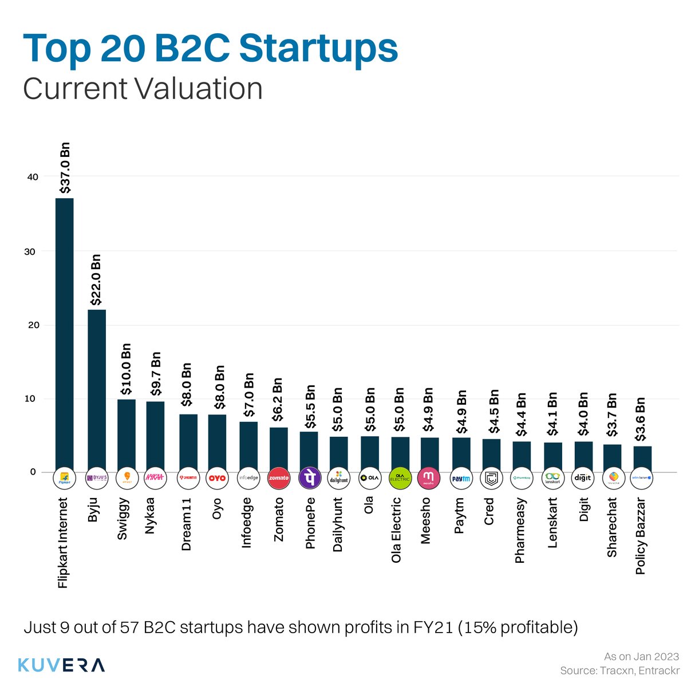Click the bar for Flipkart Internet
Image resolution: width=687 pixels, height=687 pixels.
coord(64,335)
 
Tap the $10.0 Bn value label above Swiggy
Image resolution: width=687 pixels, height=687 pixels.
coord(127,369)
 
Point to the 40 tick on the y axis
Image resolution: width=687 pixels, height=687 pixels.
coord(32,177)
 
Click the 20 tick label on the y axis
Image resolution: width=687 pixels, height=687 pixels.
coord(32,325)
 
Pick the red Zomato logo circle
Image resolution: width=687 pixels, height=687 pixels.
coord(278,478)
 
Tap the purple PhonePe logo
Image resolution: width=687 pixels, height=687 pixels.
coord(309,478)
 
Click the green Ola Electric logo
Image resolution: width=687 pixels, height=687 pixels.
coord(400,478)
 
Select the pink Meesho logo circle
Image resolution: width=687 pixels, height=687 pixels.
coord(429,478)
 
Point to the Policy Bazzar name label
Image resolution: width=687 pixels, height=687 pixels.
coord(641,536)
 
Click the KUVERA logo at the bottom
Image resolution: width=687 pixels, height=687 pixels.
coord(61,665)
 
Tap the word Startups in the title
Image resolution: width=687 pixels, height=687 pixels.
coord(318,49)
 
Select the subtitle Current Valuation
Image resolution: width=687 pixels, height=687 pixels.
coord(143,89)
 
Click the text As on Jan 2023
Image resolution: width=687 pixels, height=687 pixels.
coord(641,657)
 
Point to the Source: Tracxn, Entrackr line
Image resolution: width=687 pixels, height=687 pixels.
coord(619,670)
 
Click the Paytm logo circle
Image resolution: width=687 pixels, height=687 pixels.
coord(461,478)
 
